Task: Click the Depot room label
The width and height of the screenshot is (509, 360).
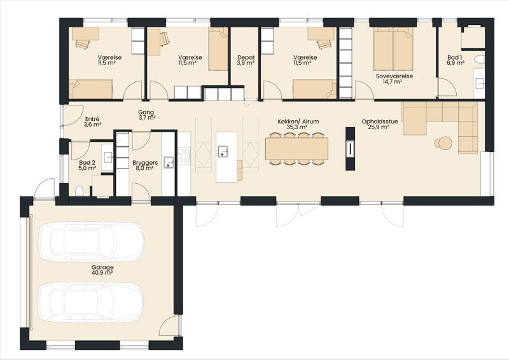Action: point(246,60)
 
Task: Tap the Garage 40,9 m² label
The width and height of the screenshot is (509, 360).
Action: point(102,270)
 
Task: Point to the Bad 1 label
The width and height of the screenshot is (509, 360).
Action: point(455,60)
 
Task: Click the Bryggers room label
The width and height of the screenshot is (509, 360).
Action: point(145,165)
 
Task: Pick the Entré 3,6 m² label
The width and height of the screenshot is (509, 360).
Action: point(92,121)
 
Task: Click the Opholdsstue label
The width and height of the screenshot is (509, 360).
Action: point(380,121)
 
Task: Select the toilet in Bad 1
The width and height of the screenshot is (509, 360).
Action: point(479,59)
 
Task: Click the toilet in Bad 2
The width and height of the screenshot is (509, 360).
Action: point(79,191)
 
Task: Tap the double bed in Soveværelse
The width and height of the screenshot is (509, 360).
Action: point(393,49)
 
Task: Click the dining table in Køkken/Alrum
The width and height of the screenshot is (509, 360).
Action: point(296,149)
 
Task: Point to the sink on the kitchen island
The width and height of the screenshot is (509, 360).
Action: point(223,151)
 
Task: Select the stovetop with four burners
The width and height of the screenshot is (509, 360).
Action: point(184,155)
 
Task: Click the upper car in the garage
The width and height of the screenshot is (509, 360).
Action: point(91,242)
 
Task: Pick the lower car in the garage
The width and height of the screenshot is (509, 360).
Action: point(91,303)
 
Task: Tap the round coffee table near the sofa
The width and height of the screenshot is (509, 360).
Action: point(443,143)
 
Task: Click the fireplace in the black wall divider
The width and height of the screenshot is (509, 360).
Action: point(351,149)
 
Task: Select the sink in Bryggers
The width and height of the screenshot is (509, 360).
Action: point(169,162)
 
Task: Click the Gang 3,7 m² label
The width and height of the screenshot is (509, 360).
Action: point(146,115)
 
